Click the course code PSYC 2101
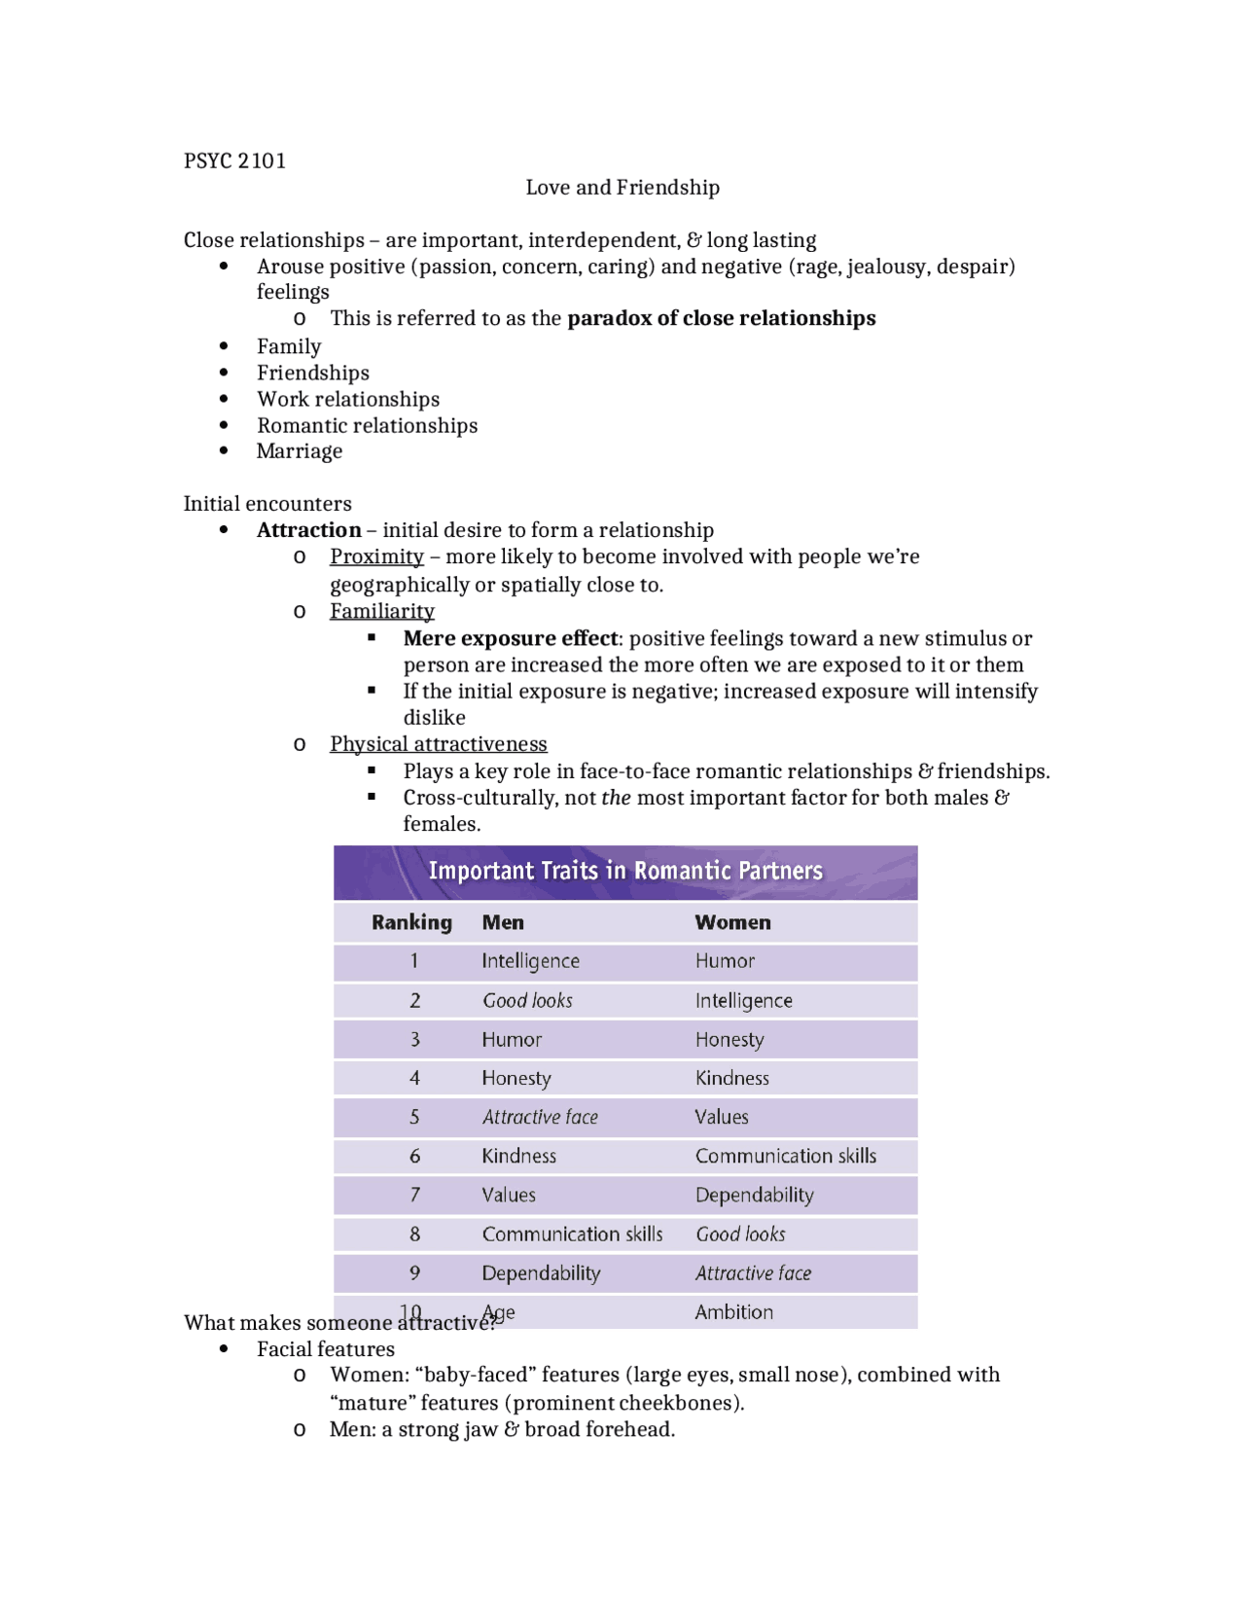click(234, 161)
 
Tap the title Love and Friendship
click(622, 188)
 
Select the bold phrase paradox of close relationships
click(721, 319)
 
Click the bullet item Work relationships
click(348, 400)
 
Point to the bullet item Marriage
click(300, 451)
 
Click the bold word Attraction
click(308, 530)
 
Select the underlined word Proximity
click(376, 556)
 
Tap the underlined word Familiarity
click(381, 611)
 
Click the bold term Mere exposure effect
click(511, 638)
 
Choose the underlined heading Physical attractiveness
click(438, 744)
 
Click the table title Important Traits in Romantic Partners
click(625, 871)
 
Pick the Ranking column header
click(411, 922)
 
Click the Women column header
click(732, 922)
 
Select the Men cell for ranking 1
click(530, 961)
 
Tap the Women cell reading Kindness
click(731, 1078)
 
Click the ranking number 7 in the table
click(414, 1195)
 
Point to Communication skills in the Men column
click(572, 1235)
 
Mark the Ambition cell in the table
click(733, 1312)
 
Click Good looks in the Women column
click(740, 1235)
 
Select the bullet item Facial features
click(325, 1349)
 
